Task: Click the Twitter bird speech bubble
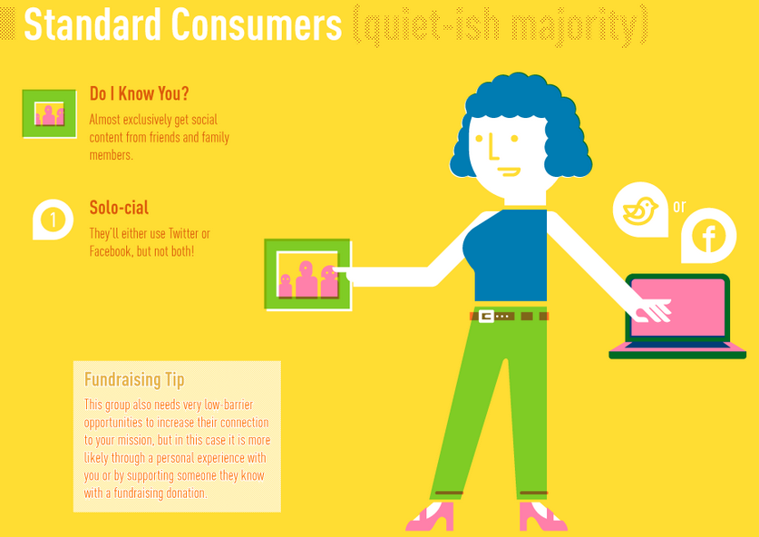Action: tap(640, 210)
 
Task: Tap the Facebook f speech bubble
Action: tap(708, 236)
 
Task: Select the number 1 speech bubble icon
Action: tap(53, 220)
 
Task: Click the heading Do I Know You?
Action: tap(139, 93)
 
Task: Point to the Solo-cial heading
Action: tap(119, 207)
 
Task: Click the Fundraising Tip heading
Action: tap(134, 379)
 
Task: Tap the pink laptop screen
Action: tap(677, 307)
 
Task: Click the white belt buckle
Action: tap(486, 317)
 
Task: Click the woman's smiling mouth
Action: tap(510, 171)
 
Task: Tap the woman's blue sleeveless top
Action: tap(506, 255)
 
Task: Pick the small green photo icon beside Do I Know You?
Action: tap(49, 113)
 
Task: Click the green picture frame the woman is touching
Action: tap(307, 275)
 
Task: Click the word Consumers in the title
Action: tap(256, 24)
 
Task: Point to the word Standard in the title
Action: tap(92, 24)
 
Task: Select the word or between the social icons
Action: tap(679, 206)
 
